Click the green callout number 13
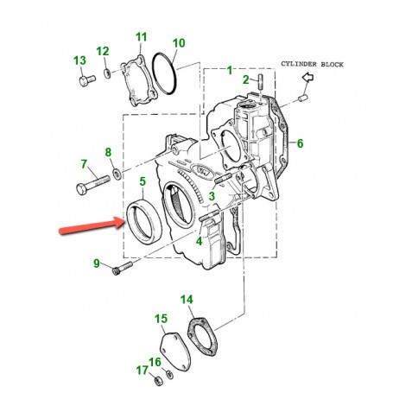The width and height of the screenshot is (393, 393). pyautogui.click(x=79, y=60)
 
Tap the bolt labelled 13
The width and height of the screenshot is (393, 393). pyautogui.click(x=87, y=80)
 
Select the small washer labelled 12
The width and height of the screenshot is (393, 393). pyautogui.click(x=107, y=73)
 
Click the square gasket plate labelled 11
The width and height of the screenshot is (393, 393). pyautogui.click(x=139, y=81)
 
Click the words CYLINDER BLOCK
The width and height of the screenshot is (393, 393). pyautogui.click(x=312, y=64)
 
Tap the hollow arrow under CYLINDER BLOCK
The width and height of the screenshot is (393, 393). pyautogui.click(x=307, y=77)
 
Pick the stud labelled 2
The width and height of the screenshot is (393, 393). pyautogui.click(x=261, y=82)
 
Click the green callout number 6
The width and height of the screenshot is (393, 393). pyautogui.click(x=301, y=143)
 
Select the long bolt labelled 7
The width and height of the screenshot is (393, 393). pyautogui.click(x=93, y=185)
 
